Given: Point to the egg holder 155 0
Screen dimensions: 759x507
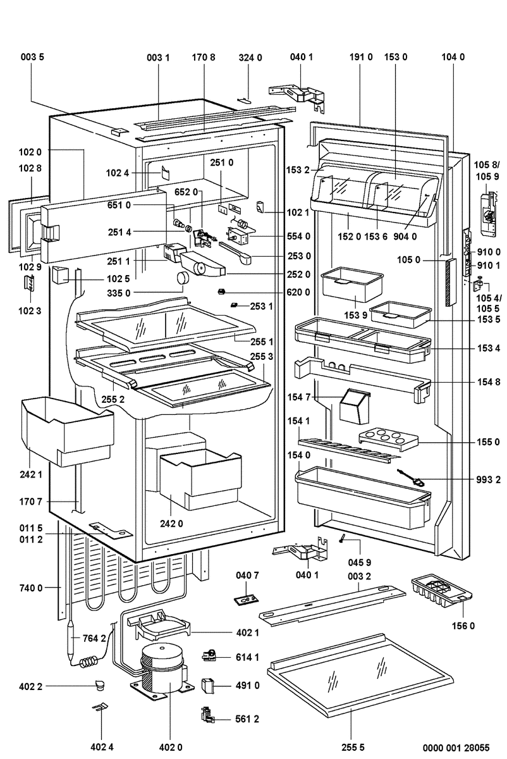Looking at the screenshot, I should tap(383, 438).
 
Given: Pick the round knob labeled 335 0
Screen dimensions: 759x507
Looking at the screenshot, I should tap(183, 278).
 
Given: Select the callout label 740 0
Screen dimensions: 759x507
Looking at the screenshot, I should tap(30, 588).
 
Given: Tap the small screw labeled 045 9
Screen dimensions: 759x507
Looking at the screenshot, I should tap(342, 538).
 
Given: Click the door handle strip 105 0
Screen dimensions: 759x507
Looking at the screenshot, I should tap(449, 281).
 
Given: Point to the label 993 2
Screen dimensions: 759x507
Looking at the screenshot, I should tap(489, 480).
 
